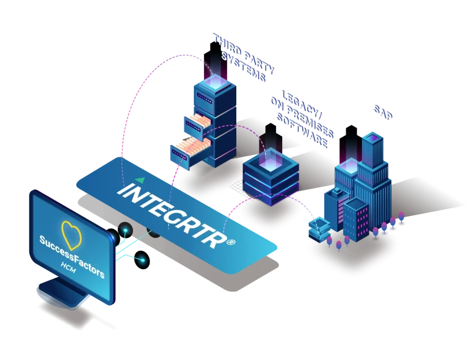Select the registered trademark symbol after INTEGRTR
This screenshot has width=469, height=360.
coord(231,243)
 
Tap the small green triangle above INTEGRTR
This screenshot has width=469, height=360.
coord(141,180)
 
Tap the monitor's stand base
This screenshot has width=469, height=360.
coord(61,293)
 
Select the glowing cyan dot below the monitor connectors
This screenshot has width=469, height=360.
coord(142,261)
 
